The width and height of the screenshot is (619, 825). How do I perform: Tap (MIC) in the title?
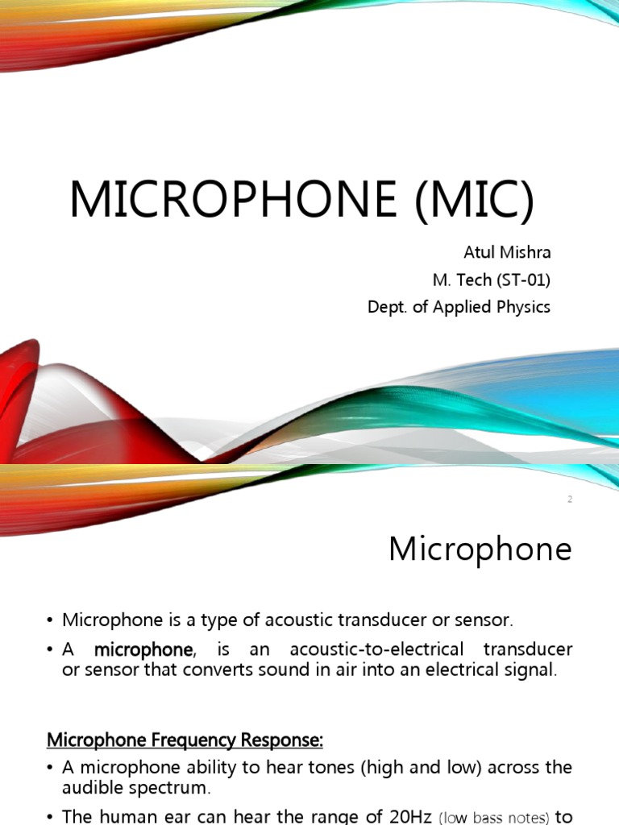(474, 201)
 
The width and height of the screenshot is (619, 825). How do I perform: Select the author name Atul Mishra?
(507, 252)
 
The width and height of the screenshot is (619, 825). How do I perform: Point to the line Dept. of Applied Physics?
(459, 307)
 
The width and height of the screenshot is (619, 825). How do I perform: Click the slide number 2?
(570, 500)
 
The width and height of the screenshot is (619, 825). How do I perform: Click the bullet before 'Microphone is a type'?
(50, 620)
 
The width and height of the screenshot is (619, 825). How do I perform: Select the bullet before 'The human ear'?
(50, 817)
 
